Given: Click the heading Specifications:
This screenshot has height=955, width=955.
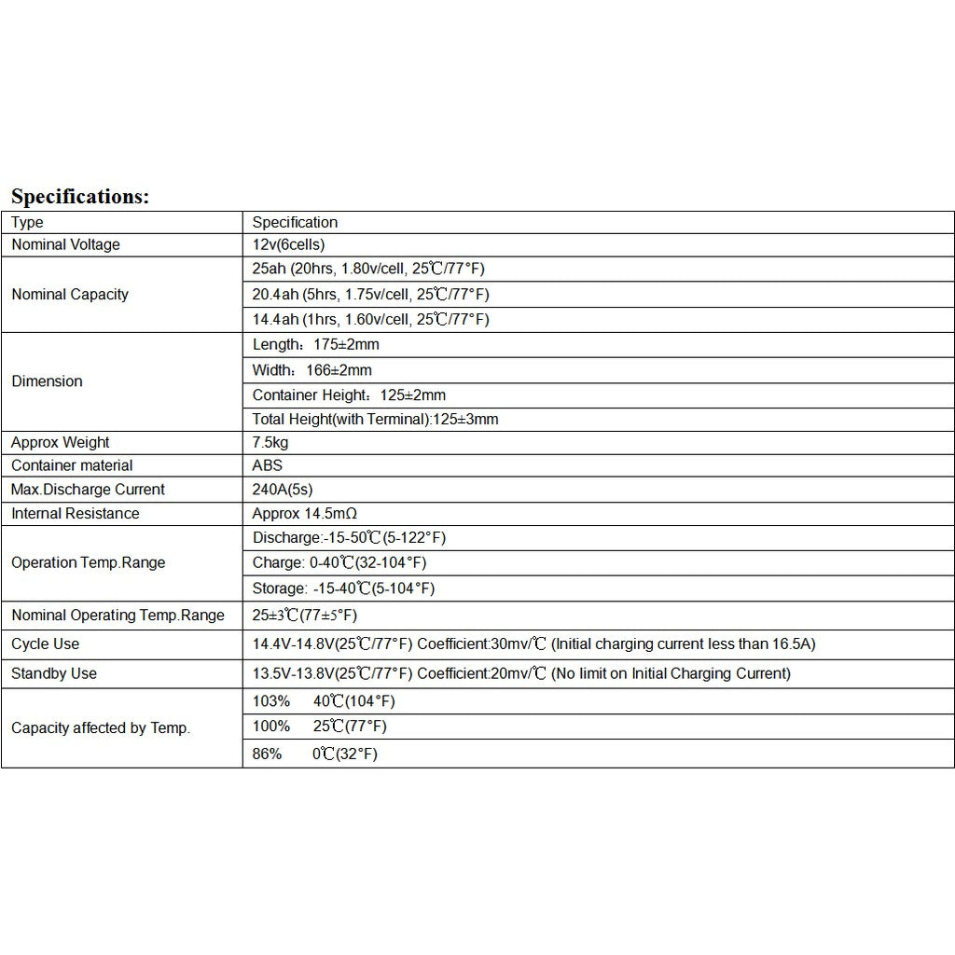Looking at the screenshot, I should pyautogui.click(x=80, y=197).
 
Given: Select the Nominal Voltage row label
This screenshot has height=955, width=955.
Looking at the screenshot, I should pyautogui.click(x=65, y=245).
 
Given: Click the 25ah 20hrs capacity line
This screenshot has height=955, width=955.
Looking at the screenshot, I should pyautogui.click(x=368, y=270).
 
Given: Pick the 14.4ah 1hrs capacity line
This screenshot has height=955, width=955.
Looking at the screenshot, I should pyautogui.click(x=370, y=320).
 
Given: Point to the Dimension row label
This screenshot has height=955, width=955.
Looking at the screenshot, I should pyautogui.click(x=47, y=381).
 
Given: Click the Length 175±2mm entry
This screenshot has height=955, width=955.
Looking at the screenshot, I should pyautogui.click(x=315, y=345).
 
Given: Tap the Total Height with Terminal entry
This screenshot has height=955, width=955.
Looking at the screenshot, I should pyautogui.click(x=375, y=420).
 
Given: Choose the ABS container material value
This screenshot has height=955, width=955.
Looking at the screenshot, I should pyautogui.click(x=267, y=465).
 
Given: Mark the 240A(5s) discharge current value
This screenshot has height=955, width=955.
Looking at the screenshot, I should pyautogui.click(x=284, y=490).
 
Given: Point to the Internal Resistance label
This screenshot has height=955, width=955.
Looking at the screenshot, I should pyautogui.click(x=75, y=514).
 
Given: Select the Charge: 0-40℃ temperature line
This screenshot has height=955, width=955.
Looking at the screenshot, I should pyautogui.click(x=339, y=563).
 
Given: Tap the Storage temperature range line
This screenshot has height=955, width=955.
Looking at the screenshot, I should pyautogui.click(x=343, y=588).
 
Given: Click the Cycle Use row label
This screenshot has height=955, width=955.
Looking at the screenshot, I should pyautogui.click(x=45, y=644).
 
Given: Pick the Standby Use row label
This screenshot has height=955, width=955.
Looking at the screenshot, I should pyautogui.click(x=53, y=673).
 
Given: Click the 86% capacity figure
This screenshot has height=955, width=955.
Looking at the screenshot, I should pyautogui.click(x=267, y=754).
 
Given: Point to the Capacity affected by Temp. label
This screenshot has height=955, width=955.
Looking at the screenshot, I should pyautogui.click(x=100, y=728).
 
